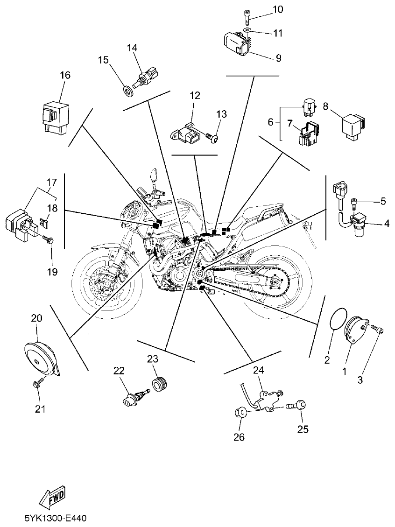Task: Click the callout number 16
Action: pyautogui.click(x=65, y=75)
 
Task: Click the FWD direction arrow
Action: pyautogui.click(x=53, y=498)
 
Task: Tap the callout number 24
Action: pyautogui.click(x=258, y=370)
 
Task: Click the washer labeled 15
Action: pyautogui.click(x=127, y=89)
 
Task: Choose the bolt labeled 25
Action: pyautogui.click(x=297, y=406)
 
